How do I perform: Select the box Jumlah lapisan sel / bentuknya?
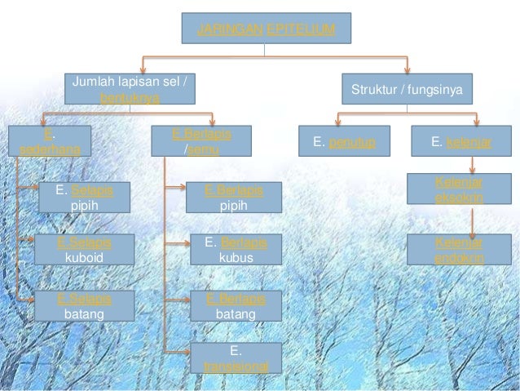coord(130,89)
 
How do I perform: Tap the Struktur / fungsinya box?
coord(406,89)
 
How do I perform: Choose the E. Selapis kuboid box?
coord(84,250)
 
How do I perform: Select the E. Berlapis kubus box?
coord(236,250)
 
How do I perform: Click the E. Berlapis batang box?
coord(236,306)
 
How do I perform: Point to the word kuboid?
coord(84,257)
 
